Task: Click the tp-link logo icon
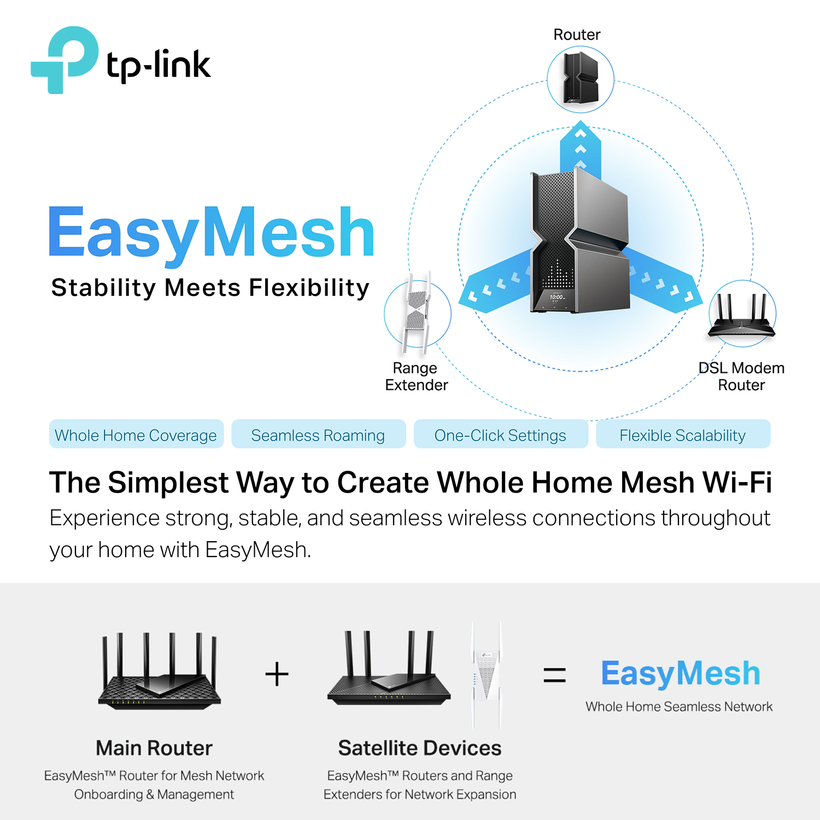pyautogui.click(x=65, y=59)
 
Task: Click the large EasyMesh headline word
pyautogui.click(x=212, y=233)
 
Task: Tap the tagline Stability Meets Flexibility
pyautogui.click(x=210, y=288)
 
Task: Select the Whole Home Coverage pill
pyautogui.click(x=136, y=435)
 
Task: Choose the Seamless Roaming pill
pyautogui.click(x=318, y=435)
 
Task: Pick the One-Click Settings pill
pyautogui.click(x=500, y=435)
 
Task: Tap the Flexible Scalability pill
pyautogui.click(x=683, y=435)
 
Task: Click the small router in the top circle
pyautogui.click(x=581, y=79)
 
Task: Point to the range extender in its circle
pyautogui.click(x=417, y=313)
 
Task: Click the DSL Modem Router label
pyautogui.click(x=741, y=377)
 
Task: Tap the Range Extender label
pyautogui.click(x=416, y=377)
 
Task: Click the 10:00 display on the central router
pyautogui.click(x=557, y=297)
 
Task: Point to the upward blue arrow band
pyautogui.click(x=581, y=148)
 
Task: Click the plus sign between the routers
pyautogui.click(x=277, y=674)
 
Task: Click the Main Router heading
pyautogui.click(x=154, y=748)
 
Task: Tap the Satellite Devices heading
pyautogui.click(x=419, y=748)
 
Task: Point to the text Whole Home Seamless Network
pyautogui.click(x=679, y=706)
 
